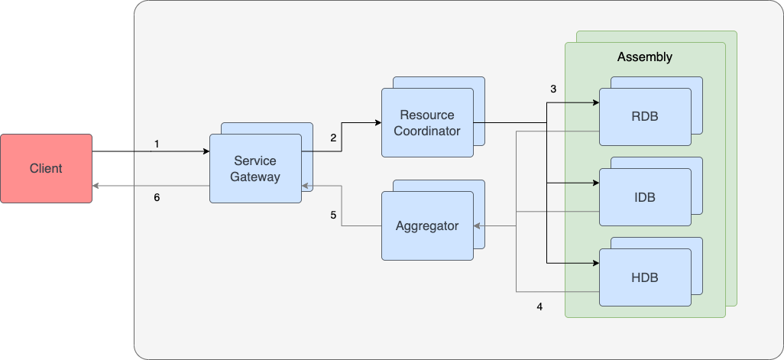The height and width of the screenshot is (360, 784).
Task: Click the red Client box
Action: point(46,168)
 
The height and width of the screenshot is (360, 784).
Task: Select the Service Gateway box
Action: point(256,169)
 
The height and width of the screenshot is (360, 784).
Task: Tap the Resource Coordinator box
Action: point(427,123)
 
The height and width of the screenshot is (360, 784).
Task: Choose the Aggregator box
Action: point(427,225)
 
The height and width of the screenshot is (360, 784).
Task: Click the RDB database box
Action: point(644,117)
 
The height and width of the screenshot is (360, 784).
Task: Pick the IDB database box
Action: point(644,197)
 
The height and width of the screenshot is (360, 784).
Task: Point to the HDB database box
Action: point(644,277)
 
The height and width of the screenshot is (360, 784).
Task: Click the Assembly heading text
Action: point(644,57)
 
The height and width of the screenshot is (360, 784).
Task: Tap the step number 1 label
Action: point(157,144)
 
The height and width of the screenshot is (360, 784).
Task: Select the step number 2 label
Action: point(333,138)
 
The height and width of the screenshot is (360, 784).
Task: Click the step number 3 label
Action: point(553,89)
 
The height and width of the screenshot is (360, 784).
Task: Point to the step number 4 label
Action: point(539,306)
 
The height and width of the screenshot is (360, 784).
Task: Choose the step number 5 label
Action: point(333,216)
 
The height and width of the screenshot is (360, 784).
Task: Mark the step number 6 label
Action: point(157,197)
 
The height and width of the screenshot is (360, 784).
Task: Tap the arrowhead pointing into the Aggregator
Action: point(478,225)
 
